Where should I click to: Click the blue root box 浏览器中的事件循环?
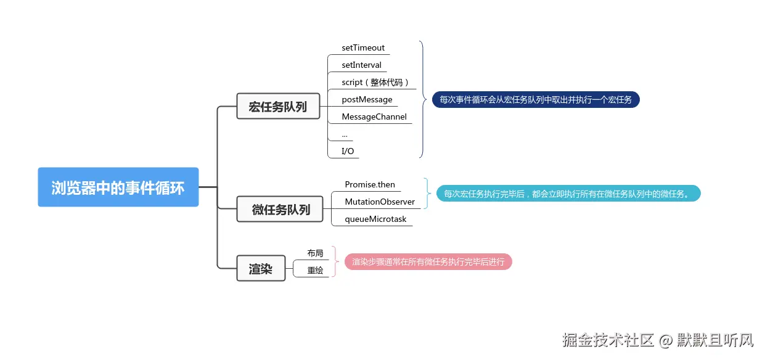(x=118, y=187)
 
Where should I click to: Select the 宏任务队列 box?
(x=278, y=106)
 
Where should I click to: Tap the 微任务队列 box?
(x=280, y=209)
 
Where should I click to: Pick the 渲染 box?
(x=261, y=269)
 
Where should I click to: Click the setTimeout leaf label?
(x=363, y=47)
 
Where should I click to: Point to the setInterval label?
(x=361, y=65)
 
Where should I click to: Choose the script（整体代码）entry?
(x=375, y=83)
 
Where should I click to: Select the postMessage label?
(x=367, y=100)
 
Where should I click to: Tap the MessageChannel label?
(x=374, y=117)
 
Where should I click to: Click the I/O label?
(x=348, y=151)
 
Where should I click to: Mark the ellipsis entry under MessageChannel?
(x=345, y=136)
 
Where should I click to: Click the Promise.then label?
(x=370, y=184)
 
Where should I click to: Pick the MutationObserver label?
(x=380, y=202)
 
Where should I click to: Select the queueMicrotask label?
(x=375, y=219)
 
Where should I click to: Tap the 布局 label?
(x=315, y=253)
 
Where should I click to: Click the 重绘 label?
(x=315, y=271)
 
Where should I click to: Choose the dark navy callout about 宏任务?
(x=536, y=99)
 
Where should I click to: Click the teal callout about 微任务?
(x=568, y=194)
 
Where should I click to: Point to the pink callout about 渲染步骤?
(x=428, y=262)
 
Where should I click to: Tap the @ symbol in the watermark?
(x=665, y=340)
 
